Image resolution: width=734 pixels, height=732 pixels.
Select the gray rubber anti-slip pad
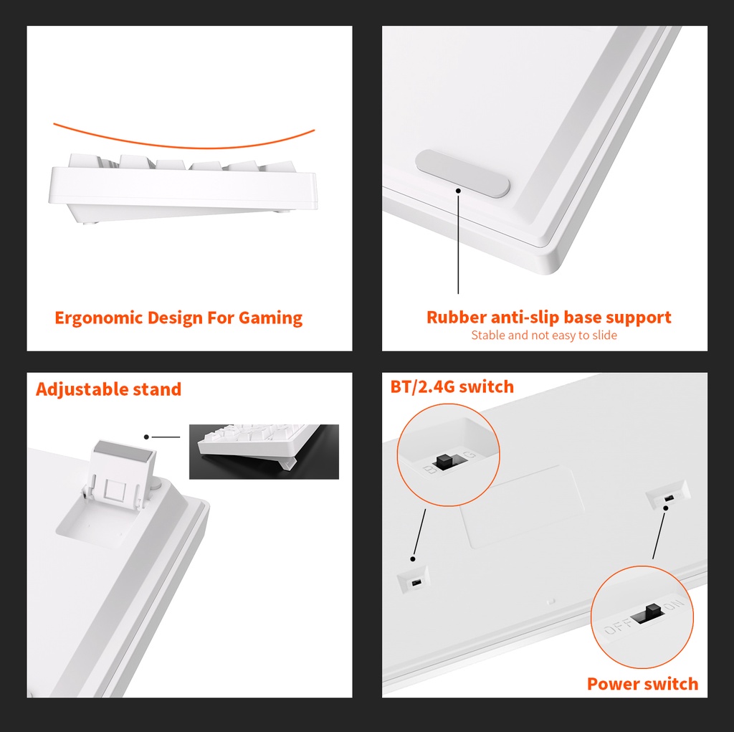tap(462, 174)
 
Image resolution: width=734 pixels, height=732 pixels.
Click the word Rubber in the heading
tap(457, 317)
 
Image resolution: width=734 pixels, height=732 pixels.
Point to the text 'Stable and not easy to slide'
tap(544, 336)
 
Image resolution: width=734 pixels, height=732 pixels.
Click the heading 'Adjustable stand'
tap(109, 389)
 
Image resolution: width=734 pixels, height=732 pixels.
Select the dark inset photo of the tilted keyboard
tap(264, 452)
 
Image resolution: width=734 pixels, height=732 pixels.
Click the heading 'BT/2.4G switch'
tap(452, 387)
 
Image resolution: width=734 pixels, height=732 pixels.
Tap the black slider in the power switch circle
tap(647, 614)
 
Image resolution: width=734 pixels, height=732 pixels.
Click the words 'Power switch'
tap(643, 684)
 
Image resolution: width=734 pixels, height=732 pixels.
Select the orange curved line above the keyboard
tap(184, 148)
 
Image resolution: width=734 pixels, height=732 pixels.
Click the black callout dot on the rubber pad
tap(458, 191)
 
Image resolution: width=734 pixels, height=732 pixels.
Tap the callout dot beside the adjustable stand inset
tap(146, 437)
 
